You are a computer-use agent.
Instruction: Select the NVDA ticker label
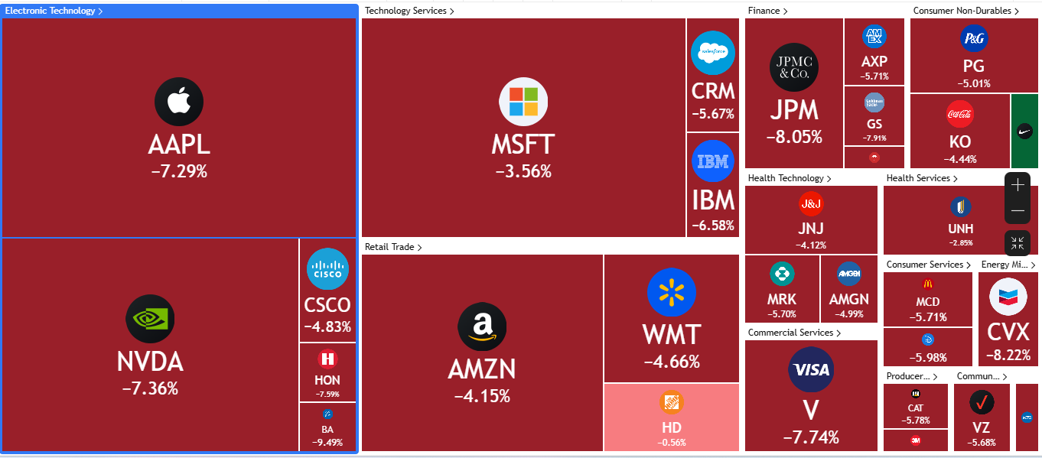[x=150, y=362]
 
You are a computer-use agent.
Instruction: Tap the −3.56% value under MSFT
[x=523, y=171]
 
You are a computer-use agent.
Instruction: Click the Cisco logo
[x=327, y=269]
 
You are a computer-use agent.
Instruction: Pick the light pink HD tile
[x=672, y=417]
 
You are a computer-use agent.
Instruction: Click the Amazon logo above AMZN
[x=482, y=326]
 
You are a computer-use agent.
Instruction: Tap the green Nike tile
[x=1024, y=131]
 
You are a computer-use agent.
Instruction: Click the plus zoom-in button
[x=1018, y=185]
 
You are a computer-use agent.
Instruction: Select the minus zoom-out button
[x=1018, y=210]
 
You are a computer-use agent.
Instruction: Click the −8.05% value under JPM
[x=794, y=138]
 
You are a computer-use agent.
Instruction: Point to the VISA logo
[x=811, y=370]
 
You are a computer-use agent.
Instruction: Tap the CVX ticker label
[x=1008, y=332]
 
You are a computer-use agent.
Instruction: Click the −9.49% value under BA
[x=327, y=442]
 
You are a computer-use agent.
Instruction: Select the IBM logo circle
[x=713, y=161]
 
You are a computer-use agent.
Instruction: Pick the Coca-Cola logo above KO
[x=960, y=115]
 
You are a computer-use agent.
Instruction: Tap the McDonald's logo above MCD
[x=928, y=284]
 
